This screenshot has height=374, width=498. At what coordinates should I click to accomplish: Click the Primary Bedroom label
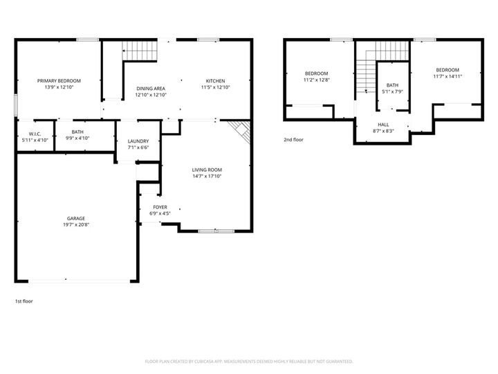(59, 80)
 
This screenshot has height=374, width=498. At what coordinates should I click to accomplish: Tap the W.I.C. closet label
(35, 133)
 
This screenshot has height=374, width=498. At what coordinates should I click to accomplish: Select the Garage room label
(76, 218)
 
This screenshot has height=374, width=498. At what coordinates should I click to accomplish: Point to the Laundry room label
(138, 141)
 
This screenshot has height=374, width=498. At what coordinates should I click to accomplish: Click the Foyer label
(160, 207)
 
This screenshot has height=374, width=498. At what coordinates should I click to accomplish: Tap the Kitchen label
(215, 80)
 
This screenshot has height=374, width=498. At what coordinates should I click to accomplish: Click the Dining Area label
(150, 88)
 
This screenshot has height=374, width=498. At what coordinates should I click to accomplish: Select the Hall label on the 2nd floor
(382, 124)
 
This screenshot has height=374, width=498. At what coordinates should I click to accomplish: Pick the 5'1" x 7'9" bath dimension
(392, 91)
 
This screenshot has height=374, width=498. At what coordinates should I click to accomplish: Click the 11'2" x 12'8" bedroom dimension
(316, 80)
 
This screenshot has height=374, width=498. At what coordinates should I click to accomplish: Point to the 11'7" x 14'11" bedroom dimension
(448, 76)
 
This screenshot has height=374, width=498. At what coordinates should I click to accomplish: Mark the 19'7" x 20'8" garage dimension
(76, 224)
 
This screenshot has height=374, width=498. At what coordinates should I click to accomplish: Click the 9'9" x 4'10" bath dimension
(77, 139)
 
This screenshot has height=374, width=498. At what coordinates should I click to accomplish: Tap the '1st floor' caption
(24, 301)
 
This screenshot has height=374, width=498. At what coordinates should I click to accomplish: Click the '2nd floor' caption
(293, 139)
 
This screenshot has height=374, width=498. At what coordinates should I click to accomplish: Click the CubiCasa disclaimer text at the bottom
(249, 361)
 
